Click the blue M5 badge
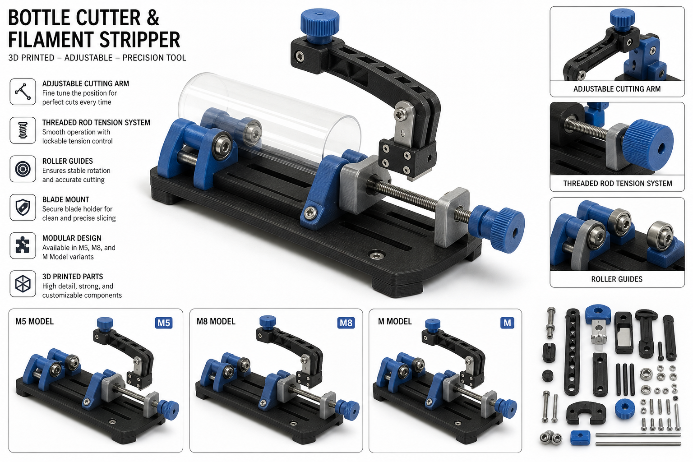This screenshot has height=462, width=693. [x=164, y=323]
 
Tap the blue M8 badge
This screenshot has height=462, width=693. [x=346, y=323]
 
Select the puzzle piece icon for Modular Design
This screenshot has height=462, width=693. [x=23, y=245]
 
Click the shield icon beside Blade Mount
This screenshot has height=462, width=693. [x=23, y=207]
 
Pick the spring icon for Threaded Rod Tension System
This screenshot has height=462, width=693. [x=23, y=130]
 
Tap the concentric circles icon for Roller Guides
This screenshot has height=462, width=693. [x=23, y=169]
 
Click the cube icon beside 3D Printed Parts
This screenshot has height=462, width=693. [x=23, y=284]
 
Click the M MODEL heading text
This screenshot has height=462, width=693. [x=395, y=322]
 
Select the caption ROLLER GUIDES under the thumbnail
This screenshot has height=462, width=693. [x=617, y=279]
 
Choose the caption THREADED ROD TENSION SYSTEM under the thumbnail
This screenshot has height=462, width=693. [x=618, y=184]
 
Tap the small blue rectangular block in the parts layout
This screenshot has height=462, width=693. [x=580, y=438]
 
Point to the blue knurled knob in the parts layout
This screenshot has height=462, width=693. [x=625, y=409]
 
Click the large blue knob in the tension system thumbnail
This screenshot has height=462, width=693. [x=648, y=145]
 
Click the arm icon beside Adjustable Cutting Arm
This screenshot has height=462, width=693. [x=23, y=92]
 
